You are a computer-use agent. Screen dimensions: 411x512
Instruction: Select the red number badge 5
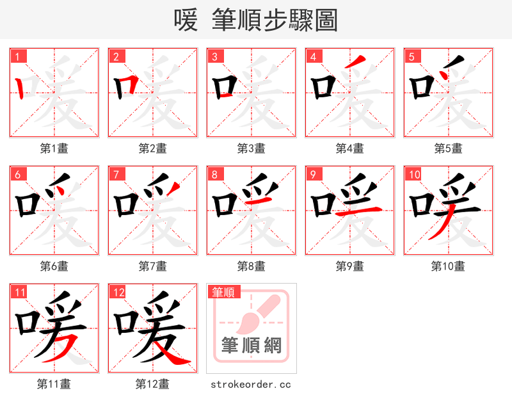click(x=412, y=56)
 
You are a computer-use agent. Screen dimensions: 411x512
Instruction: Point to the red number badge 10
click(x=414, y=174)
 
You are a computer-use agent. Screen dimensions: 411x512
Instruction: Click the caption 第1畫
click(x=54, y=149)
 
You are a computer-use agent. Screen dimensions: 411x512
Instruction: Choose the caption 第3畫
click(x=251, y=149)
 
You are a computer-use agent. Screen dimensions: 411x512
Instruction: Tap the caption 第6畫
click(x=54, y=266)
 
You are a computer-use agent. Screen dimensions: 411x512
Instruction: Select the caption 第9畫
click(x=349, y=266)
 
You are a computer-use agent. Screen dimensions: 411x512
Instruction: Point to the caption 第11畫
click(x=54, y=384)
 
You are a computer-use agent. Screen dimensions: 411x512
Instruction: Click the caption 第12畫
click(x=152, y=384)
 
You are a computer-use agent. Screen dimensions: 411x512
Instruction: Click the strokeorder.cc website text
click(x=251, y=384)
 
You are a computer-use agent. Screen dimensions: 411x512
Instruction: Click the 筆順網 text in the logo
click(x=251, y=346)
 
